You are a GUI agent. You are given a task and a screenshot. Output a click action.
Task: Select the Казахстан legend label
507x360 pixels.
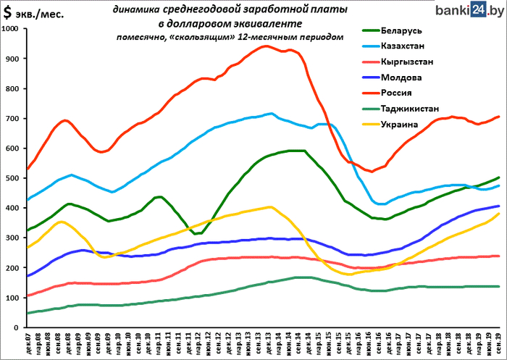pyautogui.click(x=421, y=46)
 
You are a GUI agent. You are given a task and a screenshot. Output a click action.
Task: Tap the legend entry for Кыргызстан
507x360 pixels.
pyautogui.click(x=424, y=62)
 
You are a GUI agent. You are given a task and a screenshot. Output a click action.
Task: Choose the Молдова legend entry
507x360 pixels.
pyautogui.click(x=418, y=77)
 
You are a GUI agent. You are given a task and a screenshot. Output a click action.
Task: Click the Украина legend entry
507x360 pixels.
pyautogui.click(x=416, y=123)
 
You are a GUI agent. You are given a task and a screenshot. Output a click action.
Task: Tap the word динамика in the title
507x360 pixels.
pyautogui.click(x=137, y=9)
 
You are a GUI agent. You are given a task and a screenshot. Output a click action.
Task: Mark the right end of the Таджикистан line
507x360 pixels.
pyautogui.click(x=499, y=286)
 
